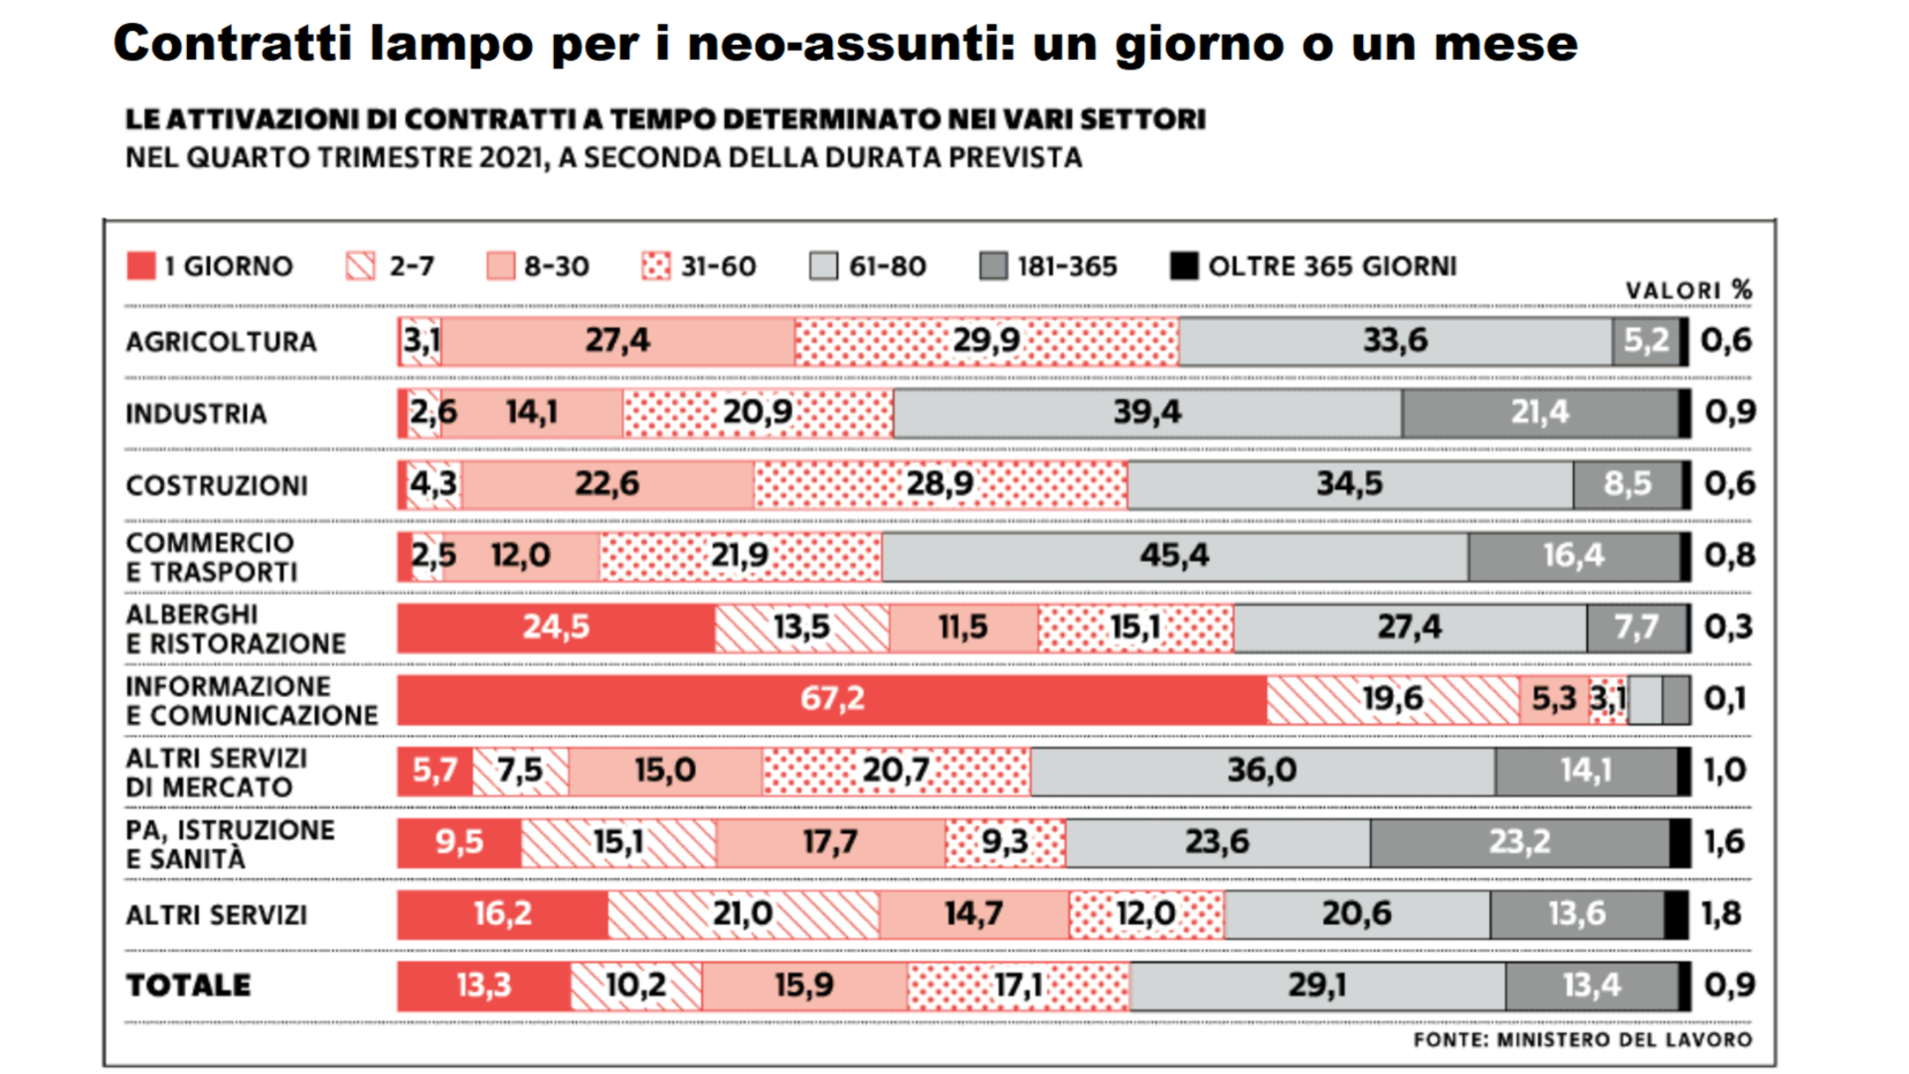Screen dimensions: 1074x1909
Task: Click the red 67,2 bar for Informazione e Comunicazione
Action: coord(831,699)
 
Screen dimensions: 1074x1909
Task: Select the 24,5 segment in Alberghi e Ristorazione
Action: coord(556,627)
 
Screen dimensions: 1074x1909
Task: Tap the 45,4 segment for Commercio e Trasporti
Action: coord(1174,556)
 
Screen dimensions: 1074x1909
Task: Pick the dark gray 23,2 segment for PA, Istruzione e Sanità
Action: coord(1519,842)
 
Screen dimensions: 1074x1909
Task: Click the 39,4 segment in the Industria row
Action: coord(1147,413)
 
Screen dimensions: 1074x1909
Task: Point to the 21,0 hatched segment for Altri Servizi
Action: coord(743,914)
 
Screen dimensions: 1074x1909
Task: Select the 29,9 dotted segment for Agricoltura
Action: coord(986,341)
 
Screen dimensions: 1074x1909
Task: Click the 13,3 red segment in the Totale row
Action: coord(483,985)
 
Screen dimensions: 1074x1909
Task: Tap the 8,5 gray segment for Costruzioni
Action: coord(1627,484)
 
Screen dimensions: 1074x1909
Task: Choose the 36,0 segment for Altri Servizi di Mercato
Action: coord(1262,771)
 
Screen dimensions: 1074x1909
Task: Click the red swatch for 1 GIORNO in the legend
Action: coord(141,266)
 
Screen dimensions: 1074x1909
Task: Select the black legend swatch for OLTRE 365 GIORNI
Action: coord(1183,266)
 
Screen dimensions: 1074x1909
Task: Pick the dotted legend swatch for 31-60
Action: coord(656,266)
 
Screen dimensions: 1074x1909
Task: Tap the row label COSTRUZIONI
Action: coord(217,485)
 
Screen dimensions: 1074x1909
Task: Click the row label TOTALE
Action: coord(188,985)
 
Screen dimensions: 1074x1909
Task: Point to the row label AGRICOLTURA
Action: coord(221,342)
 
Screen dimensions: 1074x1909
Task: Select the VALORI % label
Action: coord(1688,290)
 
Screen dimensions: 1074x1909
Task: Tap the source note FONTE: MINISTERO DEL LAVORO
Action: coord(1582,1039)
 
